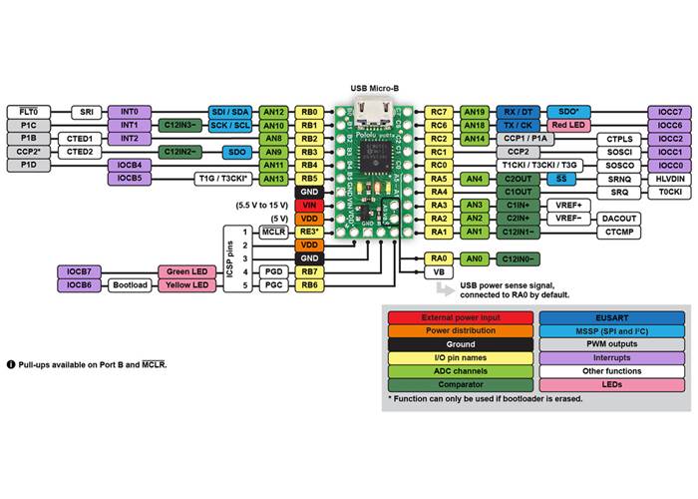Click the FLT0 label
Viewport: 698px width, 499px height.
click(x=28, y=112)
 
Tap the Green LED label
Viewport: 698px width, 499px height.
click(x=186, y=271)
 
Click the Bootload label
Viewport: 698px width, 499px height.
click(x=130, y=284)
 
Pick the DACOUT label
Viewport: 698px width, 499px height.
click(x=620, y=218)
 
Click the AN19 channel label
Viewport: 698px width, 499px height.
click(x=475, y=112)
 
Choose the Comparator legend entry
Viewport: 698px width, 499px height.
click(x=461, y=384)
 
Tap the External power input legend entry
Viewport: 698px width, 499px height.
click(x=461, y=315)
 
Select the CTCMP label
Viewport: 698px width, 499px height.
click(x=620, y=232)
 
